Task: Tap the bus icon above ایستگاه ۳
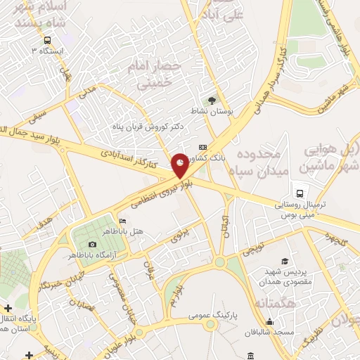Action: (x=47, y=40)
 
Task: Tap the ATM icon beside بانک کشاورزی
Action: (x=203, y=147)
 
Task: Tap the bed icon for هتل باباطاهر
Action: (x=124, y=221)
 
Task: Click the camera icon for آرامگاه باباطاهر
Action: (x=92, y=243)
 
